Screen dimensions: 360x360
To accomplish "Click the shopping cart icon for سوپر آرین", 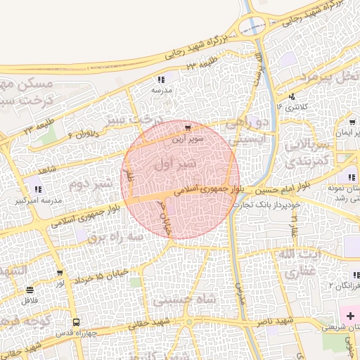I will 188,128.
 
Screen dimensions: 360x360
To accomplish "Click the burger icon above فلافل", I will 29,289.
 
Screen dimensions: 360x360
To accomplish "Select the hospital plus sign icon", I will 350,316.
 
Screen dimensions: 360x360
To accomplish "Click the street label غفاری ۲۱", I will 295,224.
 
